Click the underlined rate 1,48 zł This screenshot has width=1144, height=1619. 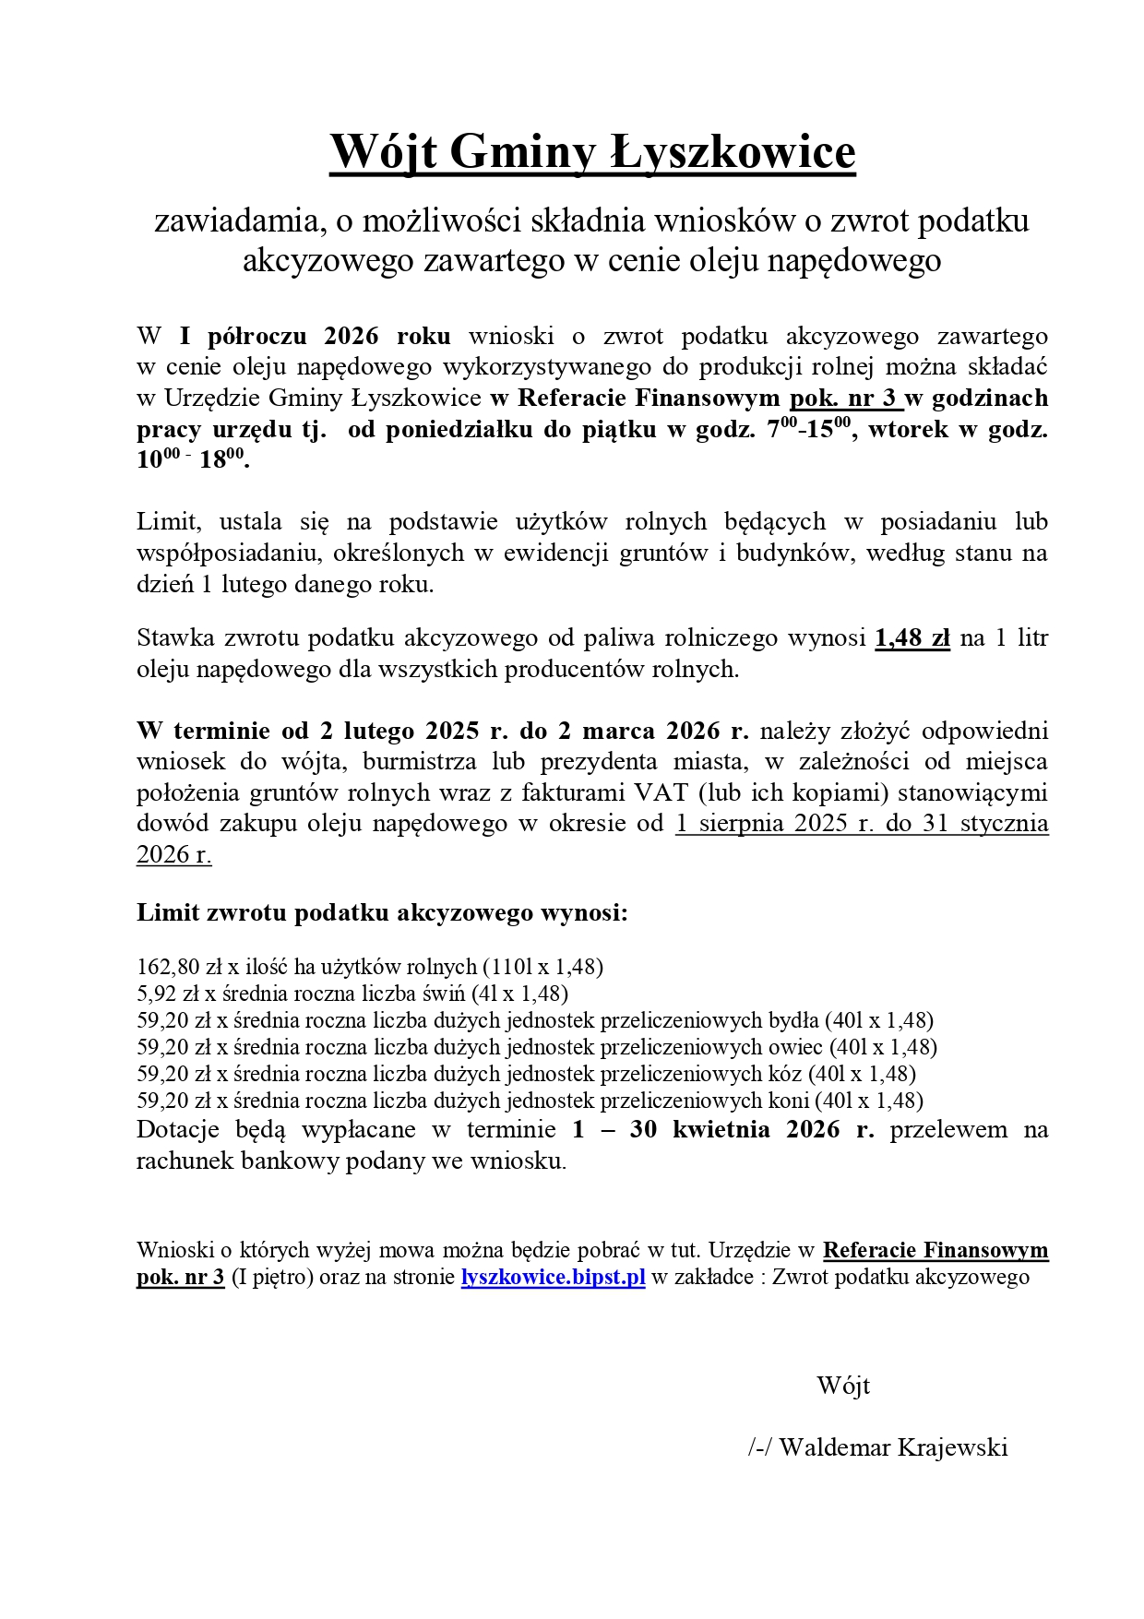pos(912,638)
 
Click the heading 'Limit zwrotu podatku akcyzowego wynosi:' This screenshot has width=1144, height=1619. pos(382,913)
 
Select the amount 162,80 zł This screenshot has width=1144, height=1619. pos(180,967)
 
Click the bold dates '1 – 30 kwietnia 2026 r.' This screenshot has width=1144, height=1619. pos(722,1130)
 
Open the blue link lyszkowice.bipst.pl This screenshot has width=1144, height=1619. pos(553,1278)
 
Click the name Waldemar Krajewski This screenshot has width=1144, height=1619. pos(893,1447)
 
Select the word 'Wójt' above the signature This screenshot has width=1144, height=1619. pos(843,1386)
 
